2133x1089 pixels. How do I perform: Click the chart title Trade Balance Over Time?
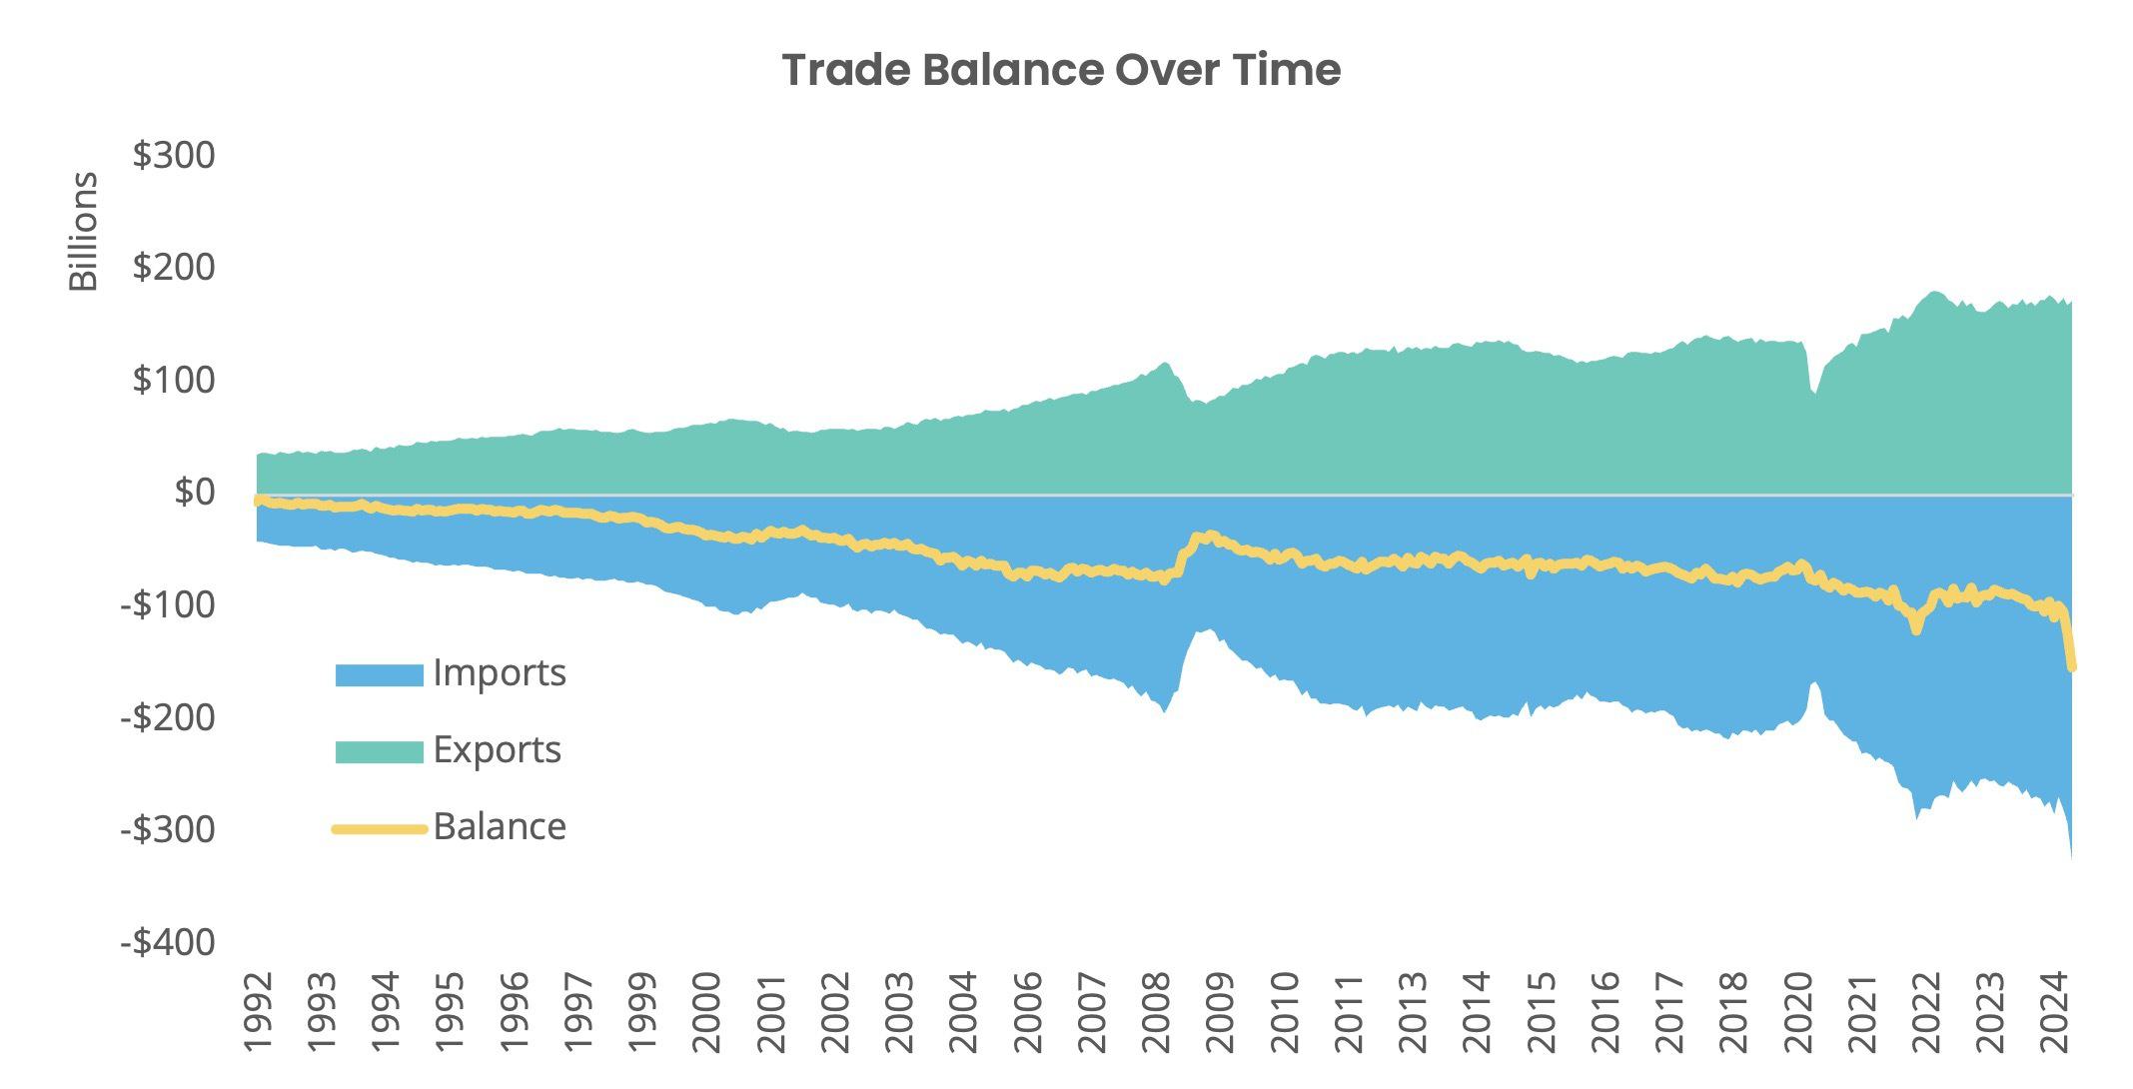tap(1061, 70)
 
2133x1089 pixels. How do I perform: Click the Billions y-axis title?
tap(84, 231)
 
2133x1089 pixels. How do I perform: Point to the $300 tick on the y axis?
tap(174, 156)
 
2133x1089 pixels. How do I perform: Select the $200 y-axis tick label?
tap(174, 268)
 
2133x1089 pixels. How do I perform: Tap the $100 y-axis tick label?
tap(174, 381)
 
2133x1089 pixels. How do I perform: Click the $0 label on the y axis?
tap(194, 493)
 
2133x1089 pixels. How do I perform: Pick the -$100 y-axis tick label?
tap(168, 605)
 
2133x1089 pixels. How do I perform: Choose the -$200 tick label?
tap(168, 717)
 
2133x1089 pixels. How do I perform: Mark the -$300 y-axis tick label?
tap(168, 829)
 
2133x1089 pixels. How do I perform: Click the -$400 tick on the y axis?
tap(168, 942)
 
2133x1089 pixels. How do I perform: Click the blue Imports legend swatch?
tap(379, 675)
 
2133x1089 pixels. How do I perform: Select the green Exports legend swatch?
tap(379, 751)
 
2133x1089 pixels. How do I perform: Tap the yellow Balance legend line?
tap(379, 828)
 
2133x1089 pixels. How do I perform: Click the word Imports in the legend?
tap(500, 673)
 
